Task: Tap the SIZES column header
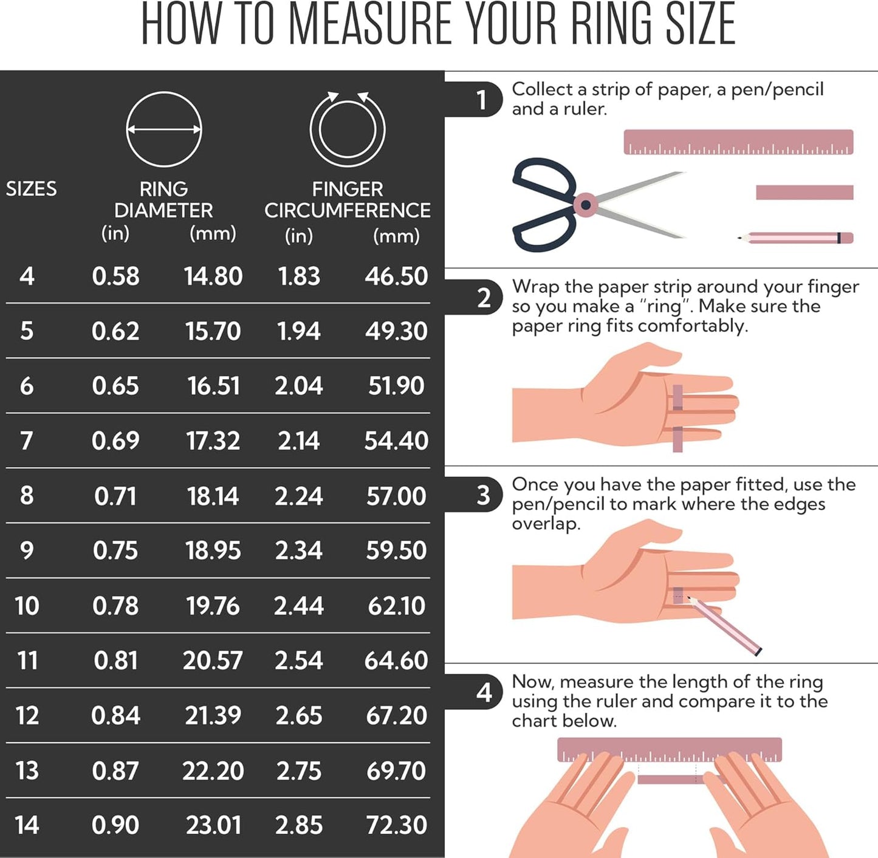[31, 188]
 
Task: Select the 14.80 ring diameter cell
[213, 276]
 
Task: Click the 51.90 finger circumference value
[396, 386]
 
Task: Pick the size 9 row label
[27, 551]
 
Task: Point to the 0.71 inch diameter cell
[115, 496]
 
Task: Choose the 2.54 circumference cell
[299, 661]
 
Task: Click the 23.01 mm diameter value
[213, 825]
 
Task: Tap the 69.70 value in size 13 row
[396, 770]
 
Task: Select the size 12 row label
[27, 715]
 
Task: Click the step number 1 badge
[482, 99]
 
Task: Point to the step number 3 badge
[483, 495]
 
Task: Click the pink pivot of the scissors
[585, 205]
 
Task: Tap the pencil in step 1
[795, 238]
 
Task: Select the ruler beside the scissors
[739, 142]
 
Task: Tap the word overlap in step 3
[546, 524]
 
